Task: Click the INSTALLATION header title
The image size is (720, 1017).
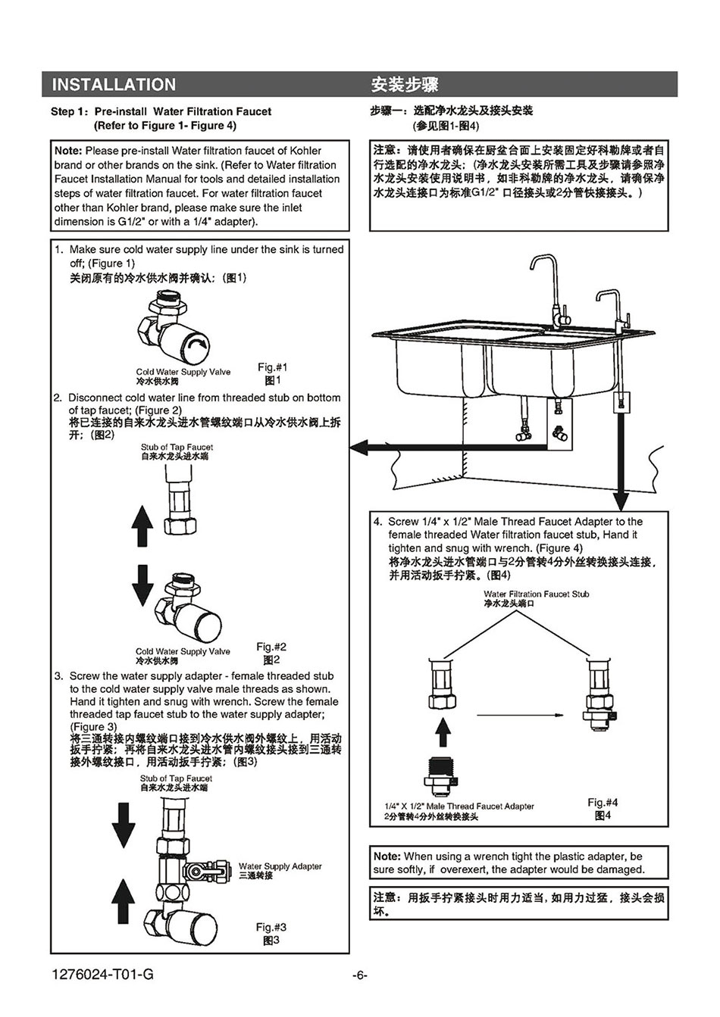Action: point(114,85)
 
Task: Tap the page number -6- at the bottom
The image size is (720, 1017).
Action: point(360,975)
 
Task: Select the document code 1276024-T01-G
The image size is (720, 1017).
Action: point(102,975)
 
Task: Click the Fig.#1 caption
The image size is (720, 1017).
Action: point(273,367)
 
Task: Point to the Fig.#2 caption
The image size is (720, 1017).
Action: point(271,647)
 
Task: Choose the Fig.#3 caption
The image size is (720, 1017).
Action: point(271,927)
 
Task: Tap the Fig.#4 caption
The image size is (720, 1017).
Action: point(603,802)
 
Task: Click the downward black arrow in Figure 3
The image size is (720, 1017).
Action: point(124,825)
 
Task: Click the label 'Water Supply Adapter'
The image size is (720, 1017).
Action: point(280,866)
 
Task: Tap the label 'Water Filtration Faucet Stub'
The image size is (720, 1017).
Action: point(536,594)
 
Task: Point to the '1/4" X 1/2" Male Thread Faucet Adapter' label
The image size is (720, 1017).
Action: point(459,806)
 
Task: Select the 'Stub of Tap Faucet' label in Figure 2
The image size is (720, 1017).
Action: point(177,448)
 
